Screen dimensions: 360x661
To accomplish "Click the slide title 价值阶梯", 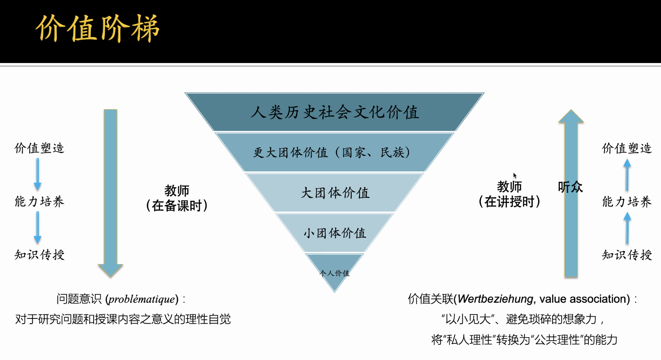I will click(x=98, y=29).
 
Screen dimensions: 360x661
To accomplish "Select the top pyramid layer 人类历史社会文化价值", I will click(x=335, y=112).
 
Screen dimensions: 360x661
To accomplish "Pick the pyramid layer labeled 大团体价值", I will click(x=335, y=193).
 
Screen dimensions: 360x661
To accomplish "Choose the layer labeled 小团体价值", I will click(x=335, y=233).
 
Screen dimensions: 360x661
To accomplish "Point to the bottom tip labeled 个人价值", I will click(x=334, y=273).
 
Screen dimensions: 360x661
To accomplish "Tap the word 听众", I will click(x=570, y=187).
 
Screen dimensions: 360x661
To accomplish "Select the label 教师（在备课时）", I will click(x=177, y=198).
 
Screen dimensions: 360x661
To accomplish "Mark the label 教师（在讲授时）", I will click(x=509, y=194).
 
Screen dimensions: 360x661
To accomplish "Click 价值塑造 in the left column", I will click(x=39, y=148).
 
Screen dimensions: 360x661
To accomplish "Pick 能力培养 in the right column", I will click(x=626, y=202).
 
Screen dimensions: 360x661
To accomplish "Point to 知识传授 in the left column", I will click(x=39, y=255).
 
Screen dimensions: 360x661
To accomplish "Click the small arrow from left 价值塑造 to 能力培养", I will click(x=38, y=174).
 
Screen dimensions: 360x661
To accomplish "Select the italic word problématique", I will click(x=142, y=299).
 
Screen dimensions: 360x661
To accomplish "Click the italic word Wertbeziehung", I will click(x=495, y=299).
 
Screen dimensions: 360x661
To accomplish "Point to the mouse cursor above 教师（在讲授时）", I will click(x=515, y=175).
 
